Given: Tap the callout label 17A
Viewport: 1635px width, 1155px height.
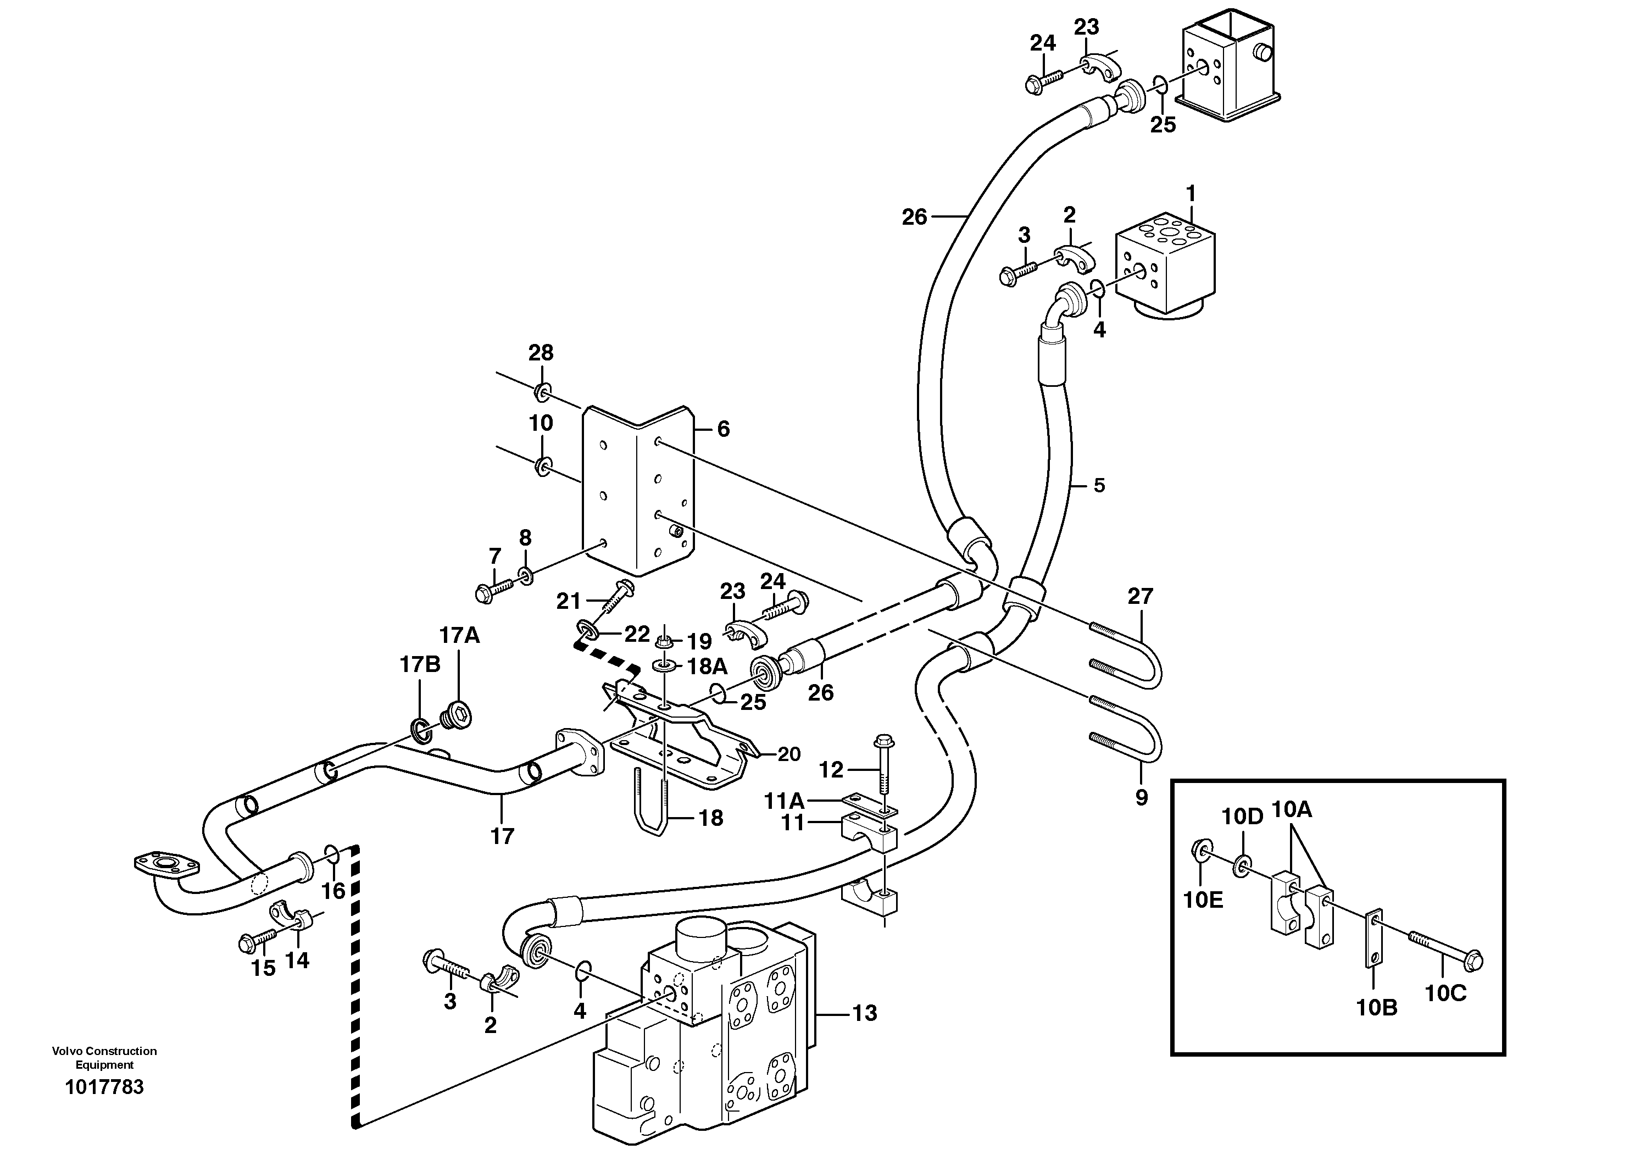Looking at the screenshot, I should pyautogui.click(x=459, y=635).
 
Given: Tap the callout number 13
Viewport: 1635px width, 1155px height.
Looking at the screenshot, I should pyautogui.click(x=865, y=1013).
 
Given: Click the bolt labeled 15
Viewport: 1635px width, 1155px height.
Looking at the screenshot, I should pyautogui.click(x=259, y=941).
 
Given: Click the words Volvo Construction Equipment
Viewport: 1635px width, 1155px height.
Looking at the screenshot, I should pyautogui.click(x=104, y=1057).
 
